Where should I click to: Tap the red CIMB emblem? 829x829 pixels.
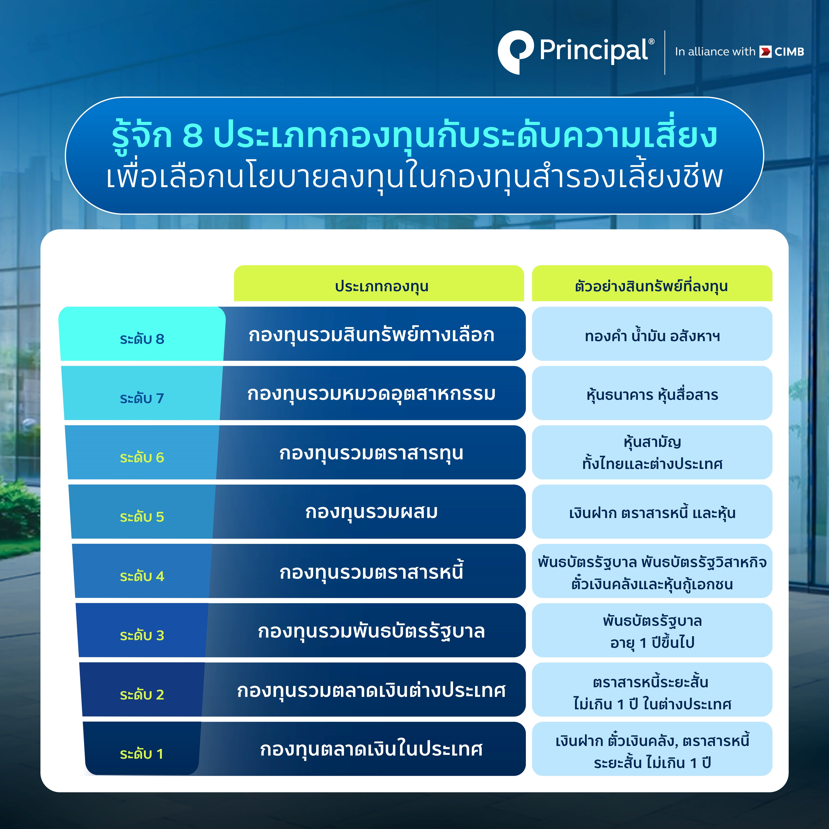click(765, 52)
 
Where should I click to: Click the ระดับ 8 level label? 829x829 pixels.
click(142, 339)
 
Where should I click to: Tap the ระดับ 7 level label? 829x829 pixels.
click(142, 398)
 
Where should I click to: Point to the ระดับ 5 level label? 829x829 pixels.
click(142, 517)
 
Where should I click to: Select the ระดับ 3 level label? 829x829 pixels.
click(142, 635)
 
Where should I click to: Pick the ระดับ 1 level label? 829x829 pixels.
click(142, 754)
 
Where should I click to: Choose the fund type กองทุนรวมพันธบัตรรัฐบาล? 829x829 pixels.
click(372, 631)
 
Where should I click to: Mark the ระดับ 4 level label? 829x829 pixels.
click(142, 576)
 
